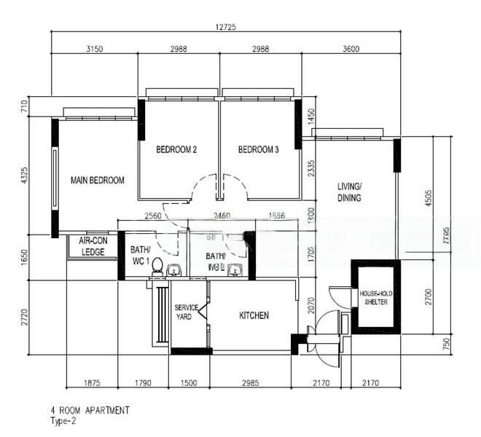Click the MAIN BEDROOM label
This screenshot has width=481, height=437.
97,180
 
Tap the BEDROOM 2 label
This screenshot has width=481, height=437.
176,150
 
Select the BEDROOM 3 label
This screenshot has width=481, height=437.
259,150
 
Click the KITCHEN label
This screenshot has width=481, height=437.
254,315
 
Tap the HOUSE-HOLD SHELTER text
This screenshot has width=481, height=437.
375,297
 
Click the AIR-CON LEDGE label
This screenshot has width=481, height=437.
92,246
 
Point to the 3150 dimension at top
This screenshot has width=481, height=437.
95,49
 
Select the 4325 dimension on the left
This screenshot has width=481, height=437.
24,176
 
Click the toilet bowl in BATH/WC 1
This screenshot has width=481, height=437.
157,267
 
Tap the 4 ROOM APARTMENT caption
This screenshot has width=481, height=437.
90,410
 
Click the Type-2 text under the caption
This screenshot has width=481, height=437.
63,421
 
